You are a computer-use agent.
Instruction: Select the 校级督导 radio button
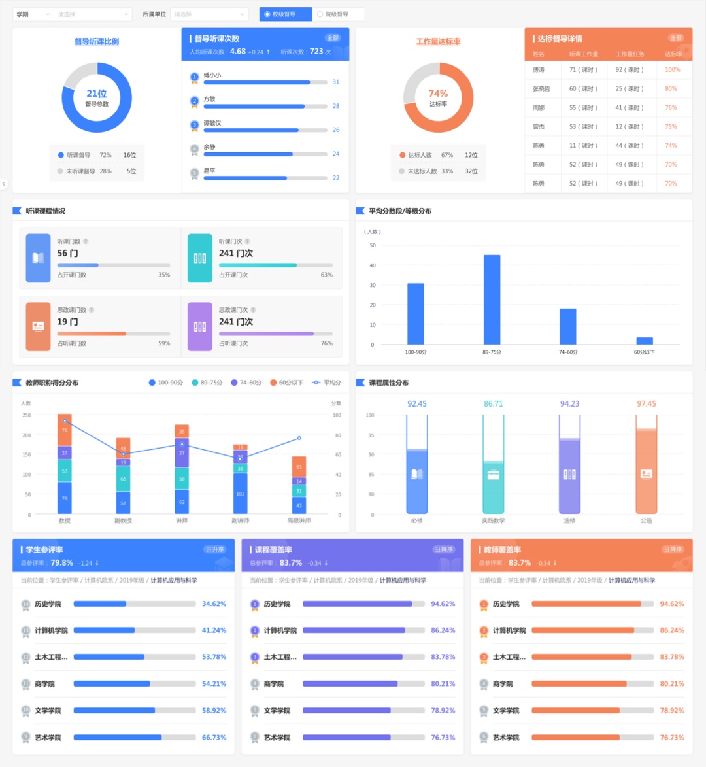(267, 14)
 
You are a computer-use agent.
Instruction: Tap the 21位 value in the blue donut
(97, 94)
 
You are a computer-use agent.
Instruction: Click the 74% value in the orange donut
(438, 94)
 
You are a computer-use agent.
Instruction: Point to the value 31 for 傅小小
(336, 82)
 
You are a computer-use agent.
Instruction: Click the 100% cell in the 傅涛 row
(672, 70)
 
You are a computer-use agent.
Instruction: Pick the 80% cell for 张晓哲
(671, 89)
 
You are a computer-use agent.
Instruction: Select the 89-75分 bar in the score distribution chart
(492, 299)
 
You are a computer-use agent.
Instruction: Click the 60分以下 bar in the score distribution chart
(645, 341)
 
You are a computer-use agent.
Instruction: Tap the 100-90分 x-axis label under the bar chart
(416, 352)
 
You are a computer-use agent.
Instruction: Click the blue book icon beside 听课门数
(38, 258)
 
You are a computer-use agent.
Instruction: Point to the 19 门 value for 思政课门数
(67, 322)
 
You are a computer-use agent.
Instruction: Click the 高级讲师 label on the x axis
(299, 520)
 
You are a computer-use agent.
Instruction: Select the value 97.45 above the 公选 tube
(646, 404)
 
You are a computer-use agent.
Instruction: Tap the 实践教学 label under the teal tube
(493, 520)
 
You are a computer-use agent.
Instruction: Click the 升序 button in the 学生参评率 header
(214, 549)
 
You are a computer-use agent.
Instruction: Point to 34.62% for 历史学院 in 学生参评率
(214, 604)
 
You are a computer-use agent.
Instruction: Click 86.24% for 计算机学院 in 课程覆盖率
(443, 630)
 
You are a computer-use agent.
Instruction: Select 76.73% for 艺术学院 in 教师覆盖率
(672, 738)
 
